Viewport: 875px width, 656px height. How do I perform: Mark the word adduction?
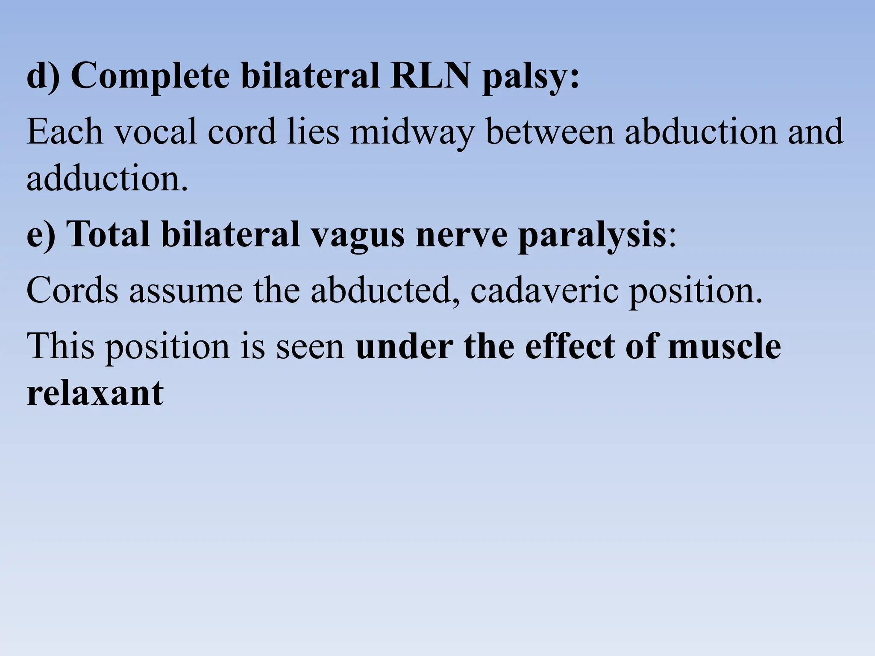(107, 178)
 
